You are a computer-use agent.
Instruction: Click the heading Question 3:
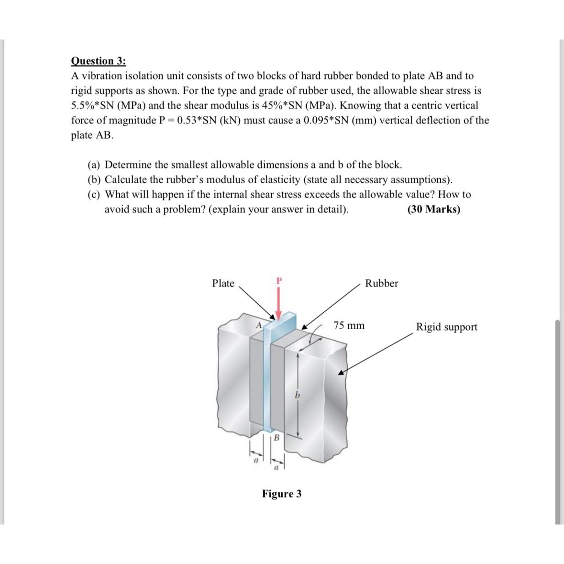(x=99, y=61)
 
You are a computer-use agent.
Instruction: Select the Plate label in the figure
(x=223, y=283)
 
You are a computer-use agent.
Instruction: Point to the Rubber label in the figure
(x=381, y=283)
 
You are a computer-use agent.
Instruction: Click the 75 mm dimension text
(x=349, y=326)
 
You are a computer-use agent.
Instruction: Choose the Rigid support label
(x=446, y=327)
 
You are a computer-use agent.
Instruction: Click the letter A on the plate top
(x=258, y=325)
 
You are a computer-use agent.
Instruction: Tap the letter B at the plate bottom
(x=276, y=438)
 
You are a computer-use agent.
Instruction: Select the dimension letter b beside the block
(x=297, y=396)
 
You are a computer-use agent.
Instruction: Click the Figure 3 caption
(x=281, y=494)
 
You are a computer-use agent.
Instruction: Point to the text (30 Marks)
(x=433, y=209)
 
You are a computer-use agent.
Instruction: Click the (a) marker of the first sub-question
(x=94, y=165)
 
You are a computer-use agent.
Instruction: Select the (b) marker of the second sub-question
(x=94, y=180)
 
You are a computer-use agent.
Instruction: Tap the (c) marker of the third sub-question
(x=94, y=195)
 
